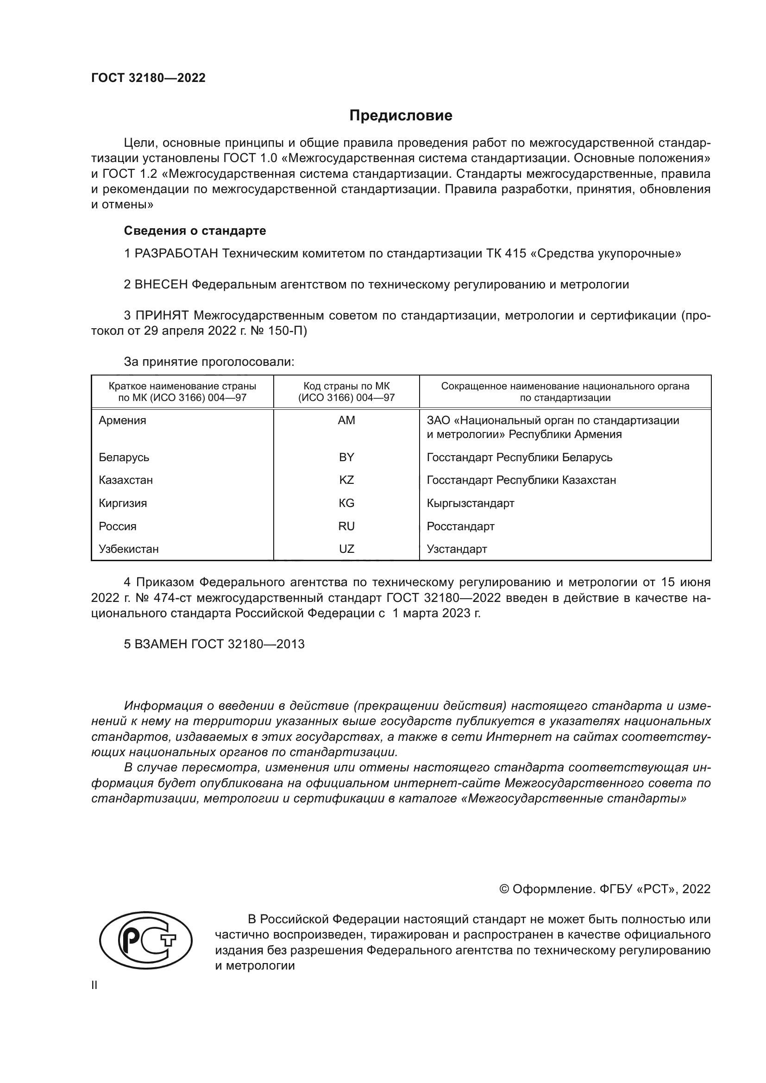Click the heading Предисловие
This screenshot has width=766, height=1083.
pos(401,116)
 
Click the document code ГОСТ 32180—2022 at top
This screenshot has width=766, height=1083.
pos(148,78)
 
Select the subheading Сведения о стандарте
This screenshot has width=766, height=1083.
pos(195,231)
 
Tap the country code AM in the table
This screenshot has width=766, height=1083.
pos(346,420)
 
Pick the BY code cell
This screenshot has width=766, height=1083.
pos(346,457)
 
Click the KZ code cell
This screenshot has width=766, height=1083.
pos(346,480)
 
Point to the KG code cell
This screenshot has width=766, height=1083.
pos(346,503)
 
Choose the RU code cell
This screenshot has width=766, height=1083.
pos(346,526)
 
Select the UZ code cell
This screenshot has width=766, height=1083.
pos(346,549)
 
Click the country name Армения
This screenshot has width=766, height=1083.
pos(122,420)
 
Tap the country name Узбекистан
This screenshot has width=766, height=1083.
pos(128,549)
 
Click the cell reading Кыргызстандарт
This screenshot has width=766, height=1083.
pos(470,503)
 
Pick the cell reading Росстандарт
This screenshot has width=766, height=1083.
pos(460,526)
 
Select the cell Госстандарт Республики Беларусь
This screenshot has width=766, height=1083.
pos(519,457)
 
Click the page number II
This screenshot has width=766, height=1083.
pos(94,985)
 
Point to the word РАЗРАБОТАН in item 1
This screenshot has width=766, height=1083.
pos(176,254)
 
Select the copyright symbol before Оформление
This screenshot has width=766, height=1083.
pos(504,889)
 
